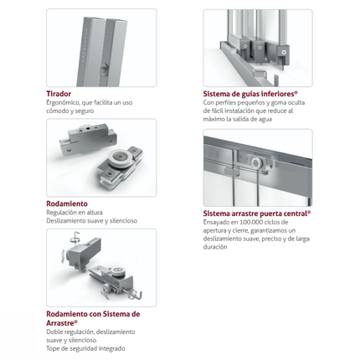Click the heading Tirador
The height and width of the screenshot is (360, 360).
tap(59, 94)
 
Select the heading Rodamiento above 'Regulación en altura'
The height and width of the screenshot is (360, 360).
tap(67, 203)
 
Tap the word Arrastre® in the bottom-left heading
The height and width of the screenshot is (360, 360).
tap(62, 323)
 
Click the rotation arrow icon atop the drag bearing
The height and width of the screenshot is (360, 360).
tap(75, 238)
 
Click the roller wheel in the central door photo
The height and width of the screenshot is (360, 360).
tap(255, 163)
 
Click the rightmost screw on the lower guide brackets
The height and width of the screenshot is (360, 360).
tap(284, 51)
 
